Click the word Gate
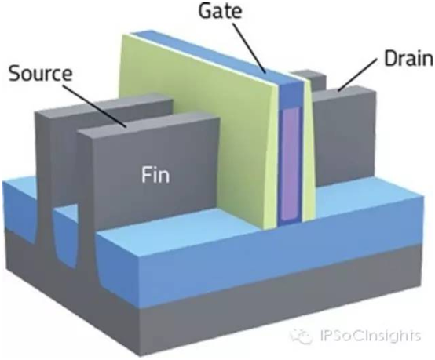pos(220,11)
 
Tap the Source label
pos(41,74)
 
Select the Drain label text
pos(408,59)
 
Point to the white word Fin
pos(155,175)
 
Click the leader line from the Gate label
pos(250,48)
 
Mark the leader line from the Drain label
pos(357,75)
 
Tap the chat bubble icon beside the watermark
pos(301,336)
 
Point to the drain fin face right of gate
pos(345,139)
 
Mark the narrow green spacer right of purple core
pos(308,155)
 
